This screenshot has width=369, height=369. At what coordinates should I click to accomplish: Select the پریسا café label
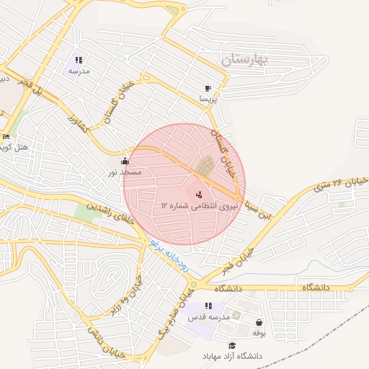208,97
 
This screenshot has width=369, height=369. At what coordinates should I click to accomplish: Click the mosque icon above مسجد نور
125,161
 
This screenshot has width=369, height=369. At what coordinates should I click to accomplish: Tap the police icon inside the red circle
199,194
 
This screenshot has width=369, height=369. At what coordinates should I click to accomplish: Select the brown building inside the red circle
205,166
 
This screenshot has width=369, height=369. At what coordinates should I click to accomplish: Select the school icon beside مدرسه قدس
208,306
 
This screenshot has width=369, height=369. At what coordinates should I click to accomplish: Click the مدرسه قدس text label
209,317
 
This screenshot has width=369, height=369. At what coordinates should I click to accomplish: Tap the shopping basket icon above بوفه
259,322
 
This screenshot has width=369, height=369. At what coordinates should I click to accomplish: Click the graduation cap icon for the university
232,345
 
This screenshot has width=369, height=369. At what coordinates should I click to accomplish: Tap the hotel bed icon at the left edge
6,136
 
